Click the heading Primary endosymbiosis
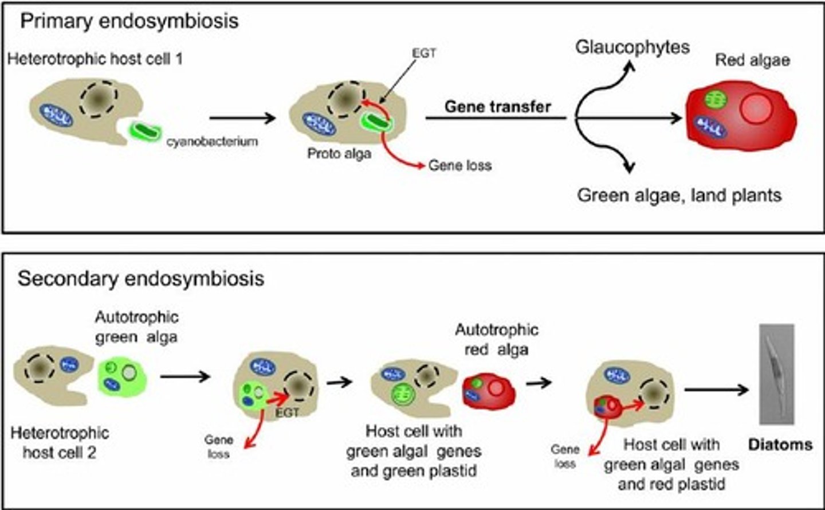pyautogui.click(x=129, y=21)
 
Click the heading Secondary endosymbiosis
pyautogui.click(x=141, y=278)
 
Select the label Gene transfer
pyautogui.click(x=498, y=107)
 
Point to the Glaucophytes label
pyautogui.click(x=632, y=47)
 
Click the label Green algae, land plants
pyautogui.click(x=679, y=195)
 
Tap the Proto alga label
pyautogui.click(x=339, y=154)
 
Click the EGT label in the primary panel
pyautogui.click(x=424, y=53)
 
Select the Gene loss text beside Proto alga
pyautogui.click(x=460, y=166)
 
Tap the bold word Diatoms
pyautogui.click(x=780, y=444)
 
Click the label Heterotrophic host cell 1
pyautogui.click(x=95, y=59)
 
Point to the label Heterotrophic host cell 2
pyautogui.click(x=60, y=442)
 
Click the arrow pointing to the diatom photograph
pyautogui.click(x=716, y=390)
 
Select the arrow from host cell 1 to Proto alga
pyautogui.click(x=242, y=118)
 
